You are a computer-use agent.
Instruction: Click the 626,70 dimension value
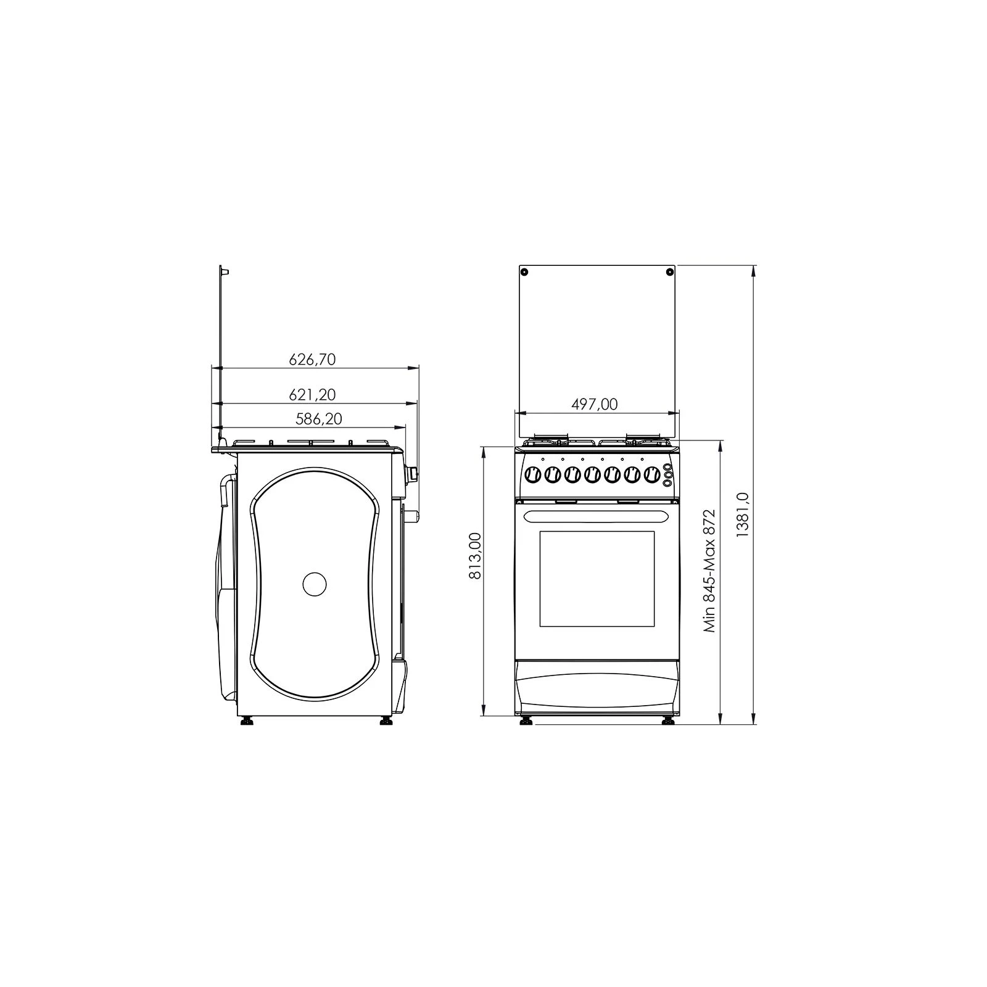click(x=312, y=359)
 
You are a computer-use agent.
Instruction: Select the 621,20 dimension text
click(x=312, y=394)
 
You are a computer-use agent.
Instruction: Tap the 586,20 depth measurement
click(x=318, y=419)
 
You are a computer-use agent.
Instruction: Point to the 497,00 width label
click(x=594, y=404)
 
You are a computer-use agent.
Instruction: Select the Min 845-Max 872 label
click(x=709, y=571)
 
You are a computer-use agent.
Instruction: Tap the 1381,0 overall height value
click(x=742, y=514)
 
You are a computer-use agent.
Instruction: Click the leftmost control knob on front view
click(x=532, y=475)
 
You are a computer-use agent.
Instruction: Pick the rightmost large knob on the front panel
click(x=651, y=475)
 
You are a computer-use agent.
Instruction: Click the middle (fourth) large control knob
click(x=592, y=475)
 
